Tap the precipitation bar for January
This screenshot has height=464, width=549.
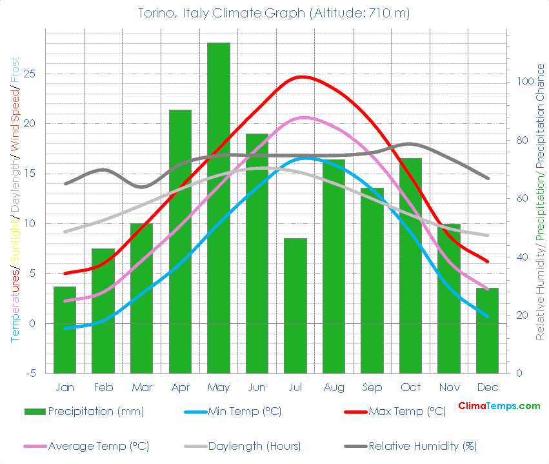tap(65, 330)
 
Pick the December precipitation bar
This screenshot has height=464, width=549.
tap(487, 330)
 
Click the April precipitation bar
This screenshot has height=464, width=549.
tap(180, 241)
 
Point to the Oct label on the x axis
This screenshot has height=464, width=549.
tap(410, 387)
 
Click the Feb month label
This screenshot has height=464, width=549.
tap(103, 387)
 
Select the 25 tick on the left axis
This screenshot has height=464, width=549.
tap(30, 74)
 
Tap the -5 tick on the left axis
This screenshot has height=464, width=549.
tap(30, 374)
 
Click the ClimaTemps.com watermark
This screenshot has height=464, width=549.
tap(499, 406)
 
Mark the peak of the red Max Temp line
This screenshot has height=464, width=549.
tap(301, 77)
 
